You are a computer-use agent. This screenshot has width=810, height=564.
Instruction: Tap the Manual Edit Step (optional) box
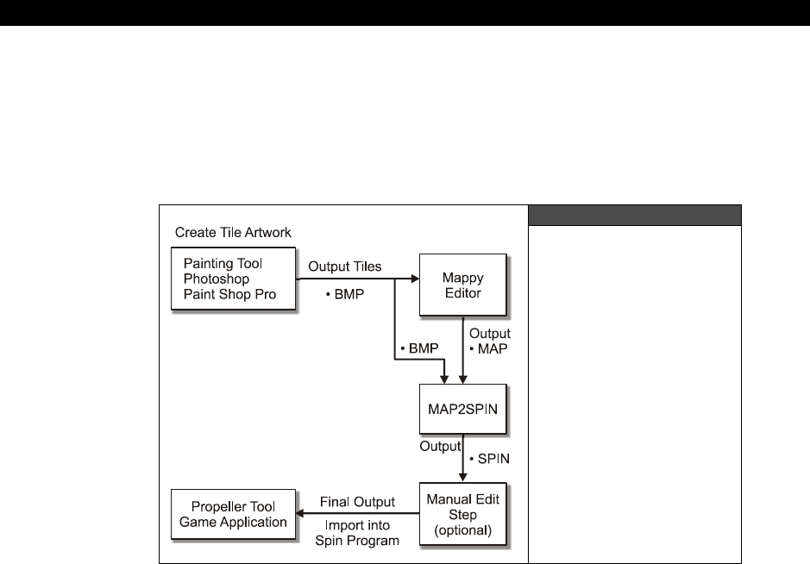464,515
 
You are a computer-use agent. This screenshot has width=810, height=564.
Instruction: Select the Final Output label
357,501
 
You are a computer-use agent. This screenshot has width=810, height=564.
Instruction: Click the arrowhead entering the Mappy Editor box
414,279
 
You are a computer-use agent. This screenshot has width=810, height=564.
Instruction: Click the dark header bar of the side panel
635,215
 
